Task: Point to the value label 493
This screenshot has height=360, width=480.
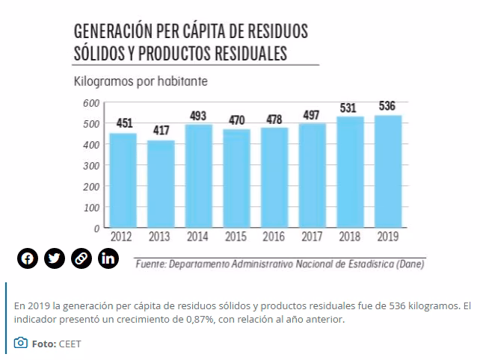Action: click(x=199, y=115)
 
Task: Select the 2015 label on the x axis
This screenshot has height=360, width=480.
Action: click(x=236, y=237)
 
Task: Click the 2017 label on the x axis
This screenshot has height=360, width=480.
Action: click(x=312, y=237)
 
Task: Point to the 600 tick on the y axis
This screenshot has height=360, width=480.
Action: click(x=91, y=103)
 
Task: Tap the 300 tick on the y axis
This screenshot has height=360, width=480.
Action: click(x=91, y=165)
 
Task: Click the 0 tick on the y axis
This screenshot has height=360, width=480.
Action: click(x=97, y=228)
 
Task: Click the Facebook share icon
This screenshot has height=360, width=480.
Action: click(x=27, y=259)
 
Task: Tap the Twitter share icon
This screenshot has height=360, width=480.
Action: click(x=54, y=259)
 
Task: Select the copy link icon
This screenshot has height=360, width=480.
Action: click(x=81, y=259)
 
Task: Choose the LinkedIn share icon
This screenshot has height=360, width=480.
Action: click(x=108, y=259)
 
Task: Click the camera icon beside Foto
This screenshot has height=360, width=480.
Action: click(x=21, y=344)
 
